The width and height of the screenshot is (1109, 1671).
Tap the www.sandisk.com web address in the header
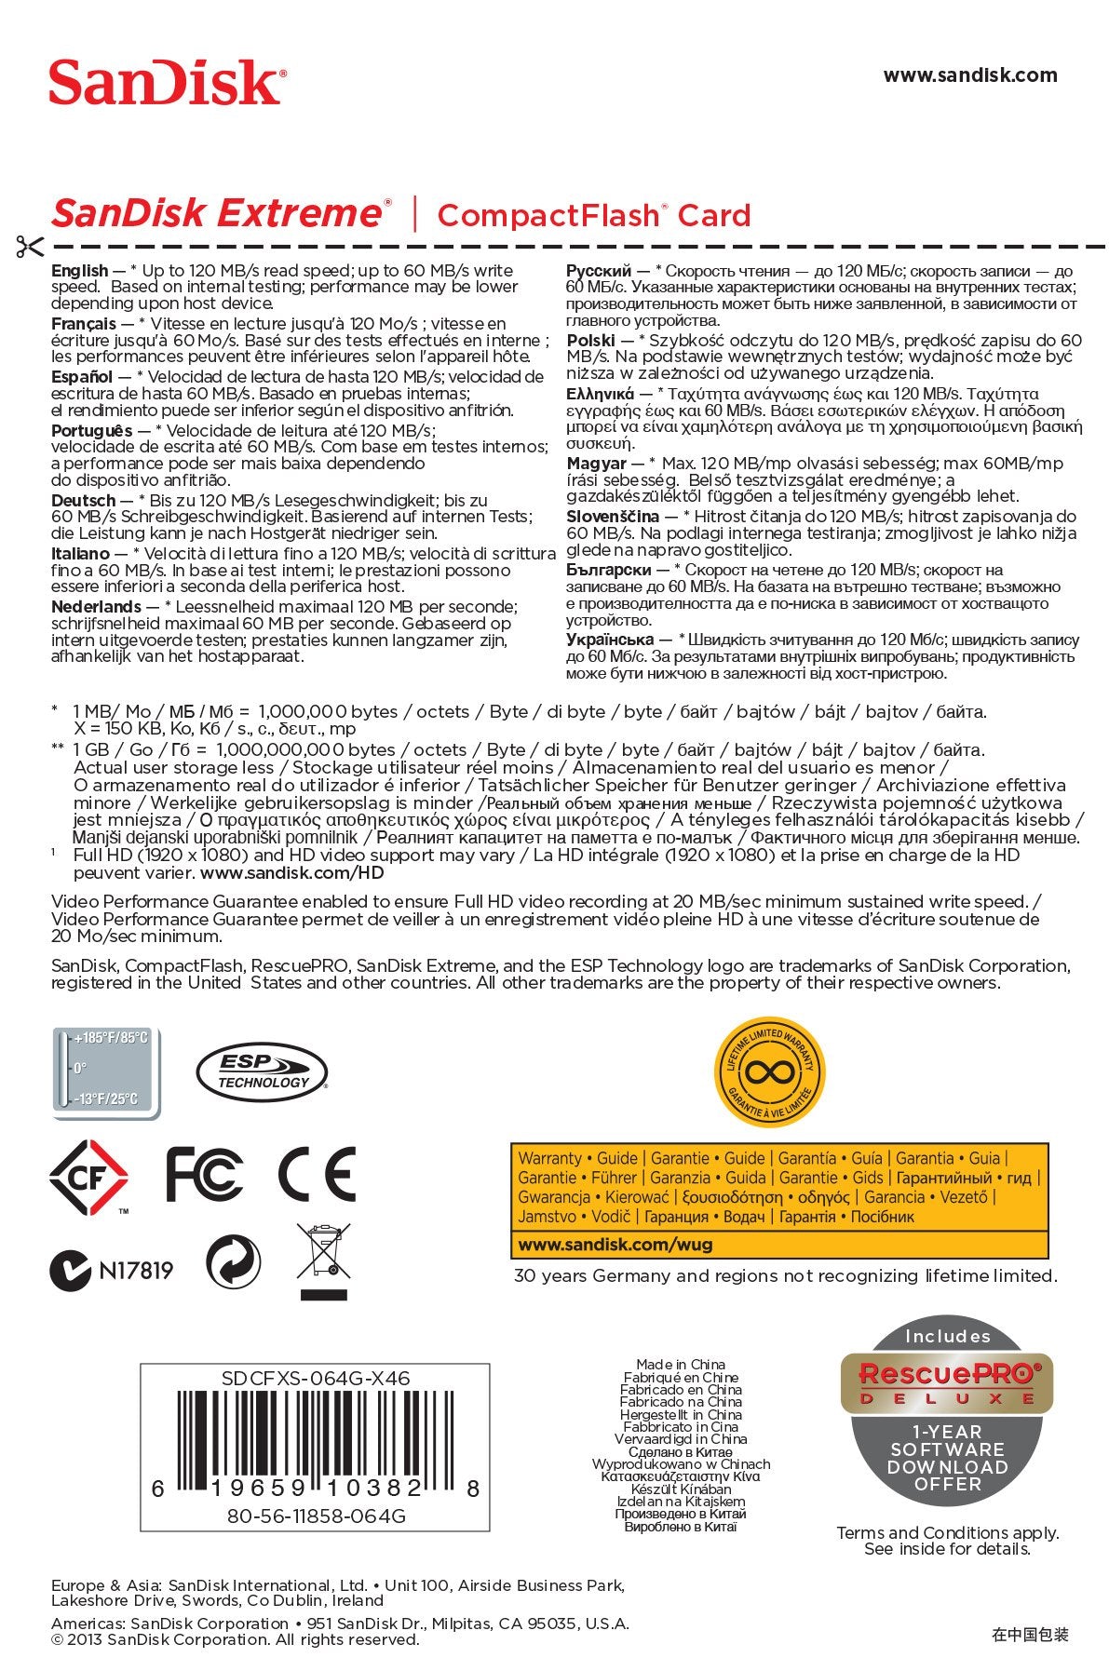(969, 75)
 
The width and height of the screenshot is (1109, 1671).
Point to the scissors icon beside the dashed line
(29, 247)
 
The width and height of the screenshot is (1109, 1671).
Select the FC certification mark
(204, 1174)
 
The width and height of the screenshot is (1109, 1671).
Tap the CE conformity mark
(317, 1174)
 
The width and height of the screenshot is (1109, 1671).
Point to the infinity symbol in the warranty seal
(769, 1072)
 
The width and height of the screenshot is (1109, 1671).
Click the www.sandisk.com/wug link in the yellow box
(615, 1244)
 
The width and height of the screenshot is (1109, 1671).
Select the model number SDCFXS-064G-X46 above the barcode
(315, 1378)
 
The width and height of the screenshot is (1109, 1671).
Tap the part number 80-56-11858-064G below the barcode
(316, 1516)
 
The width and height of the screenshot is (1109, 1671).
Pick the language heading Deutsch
(84, 501)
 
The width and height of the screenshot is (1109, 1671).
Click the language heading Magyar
(596, 463)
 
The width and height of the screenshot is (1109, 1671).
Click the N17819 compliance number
(136, 1270)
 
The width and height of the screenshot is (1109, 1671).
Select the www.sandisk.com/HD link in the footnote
(291, 873)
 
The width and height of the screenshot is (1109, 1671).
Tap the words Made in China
(681, 1365)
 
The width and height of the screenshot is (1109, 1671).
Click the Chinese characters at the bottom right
(1030, 1634)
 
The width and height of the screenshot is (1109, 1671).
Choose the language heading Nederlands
(96, 607)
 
